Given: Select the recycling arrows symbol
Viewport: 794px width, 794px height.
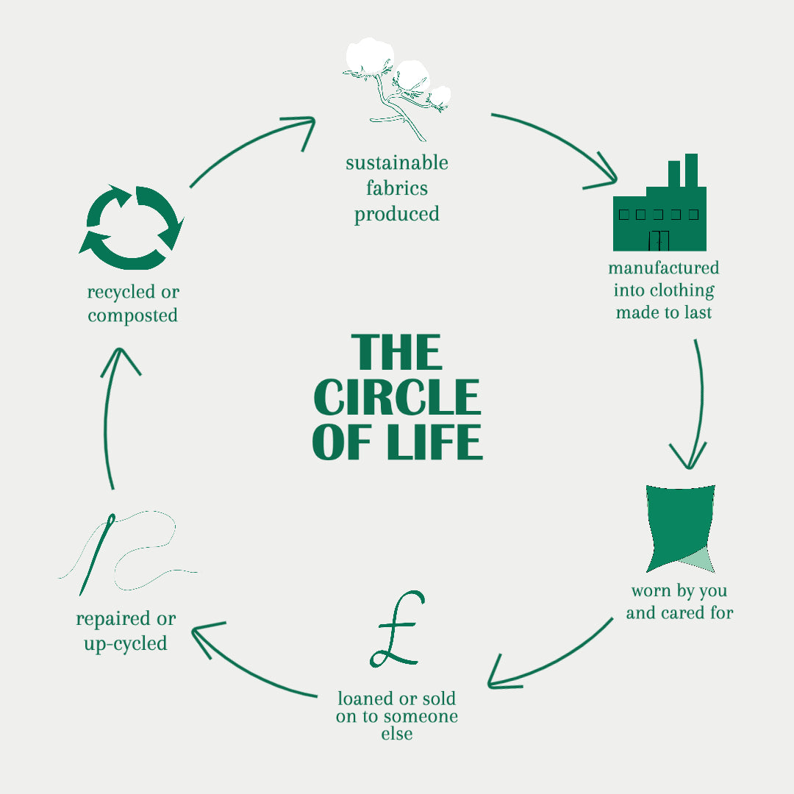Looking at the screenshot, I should point(132,227).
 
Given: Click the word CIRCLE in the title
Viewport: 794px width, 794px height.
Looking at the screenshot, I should point(397,398).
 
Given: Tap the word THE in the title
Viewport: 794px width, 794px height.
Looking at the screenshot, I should point(397,353).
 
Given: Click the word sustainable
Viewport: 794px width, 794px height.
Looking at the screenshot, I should point(397,162).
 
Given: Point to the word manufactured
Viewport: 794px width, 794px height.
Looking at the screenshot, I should point(663,268).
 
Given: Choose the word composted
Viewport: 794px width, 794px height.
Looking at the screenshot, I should point(132,315).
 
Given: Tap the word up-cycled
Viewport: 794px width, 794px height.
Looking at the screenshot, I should point(126,643).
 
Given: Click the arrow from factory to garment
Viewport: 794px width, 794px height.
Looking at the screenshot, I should point(697,404).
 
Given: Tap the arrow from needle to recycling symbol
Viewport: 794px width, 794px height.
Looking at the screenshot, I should point(109,419).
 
